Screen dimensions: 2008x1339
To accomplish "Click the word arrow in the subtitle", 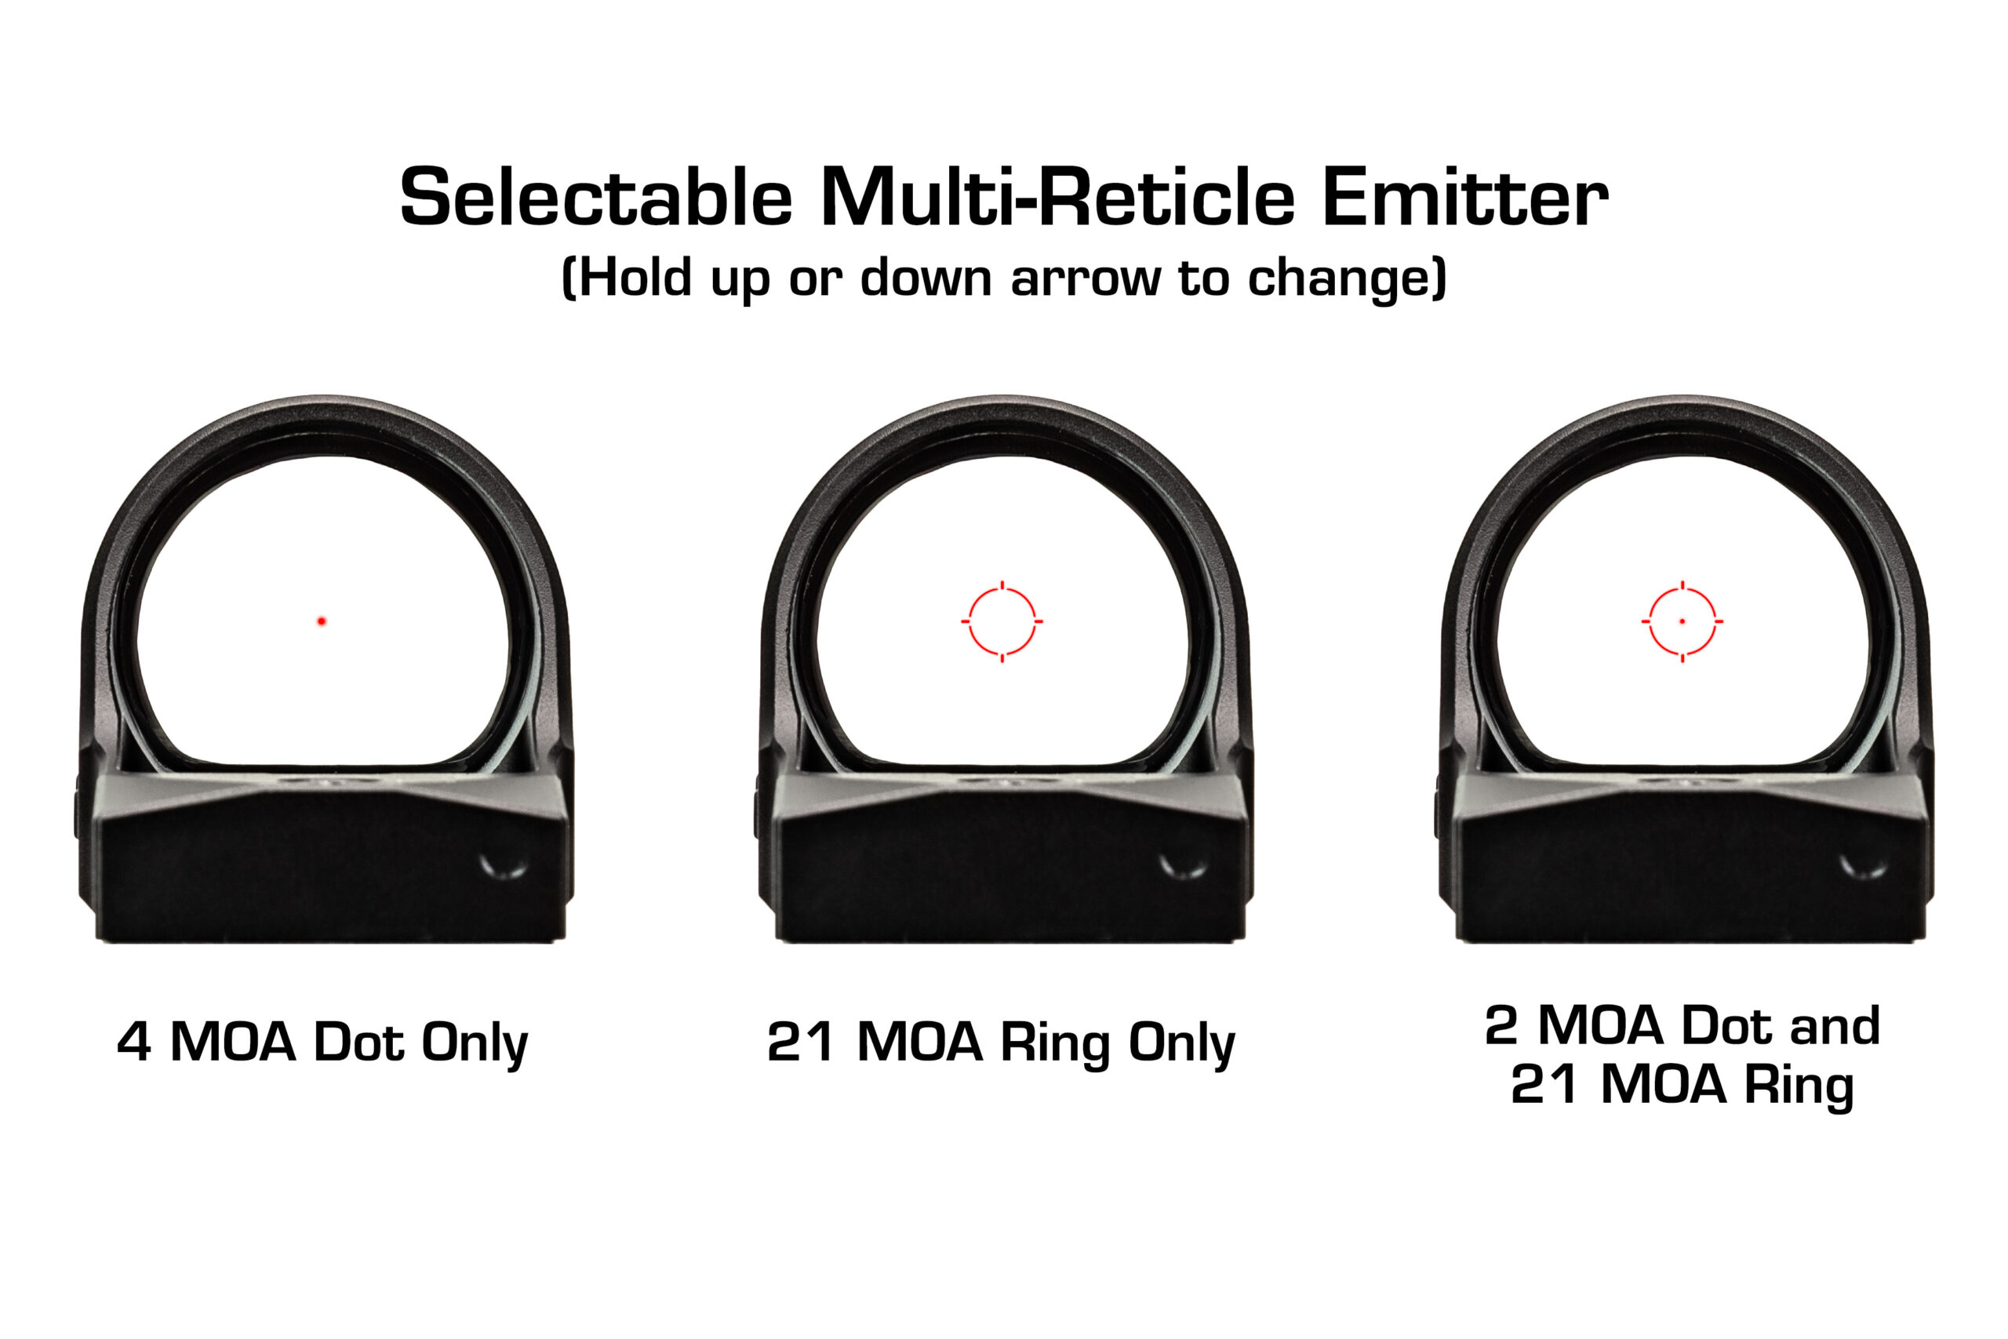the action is pyautogui.click(x=1085, y=279).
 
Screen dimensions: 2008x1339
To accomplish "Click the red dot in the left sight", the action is pyautogui.click(x=322, y=620).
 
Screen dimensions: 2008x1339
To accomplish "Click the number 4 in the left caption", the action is pyautogui.click(x=134, y=1042).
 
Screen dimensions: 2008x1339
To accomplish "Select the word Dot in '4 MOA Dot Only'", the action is pyautogui.click(x=358, y=1042).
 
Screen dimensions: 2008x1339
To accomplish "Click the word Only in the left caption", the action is pyautogui.click(x=475, y=1043).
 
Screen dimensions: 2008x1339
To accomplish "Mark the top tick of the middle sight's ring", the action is pyautogui.click(x=1002, y=586).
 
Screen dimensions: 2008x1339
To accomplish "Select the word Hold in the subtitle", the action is pyautogui.click(x=636, y=278).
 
